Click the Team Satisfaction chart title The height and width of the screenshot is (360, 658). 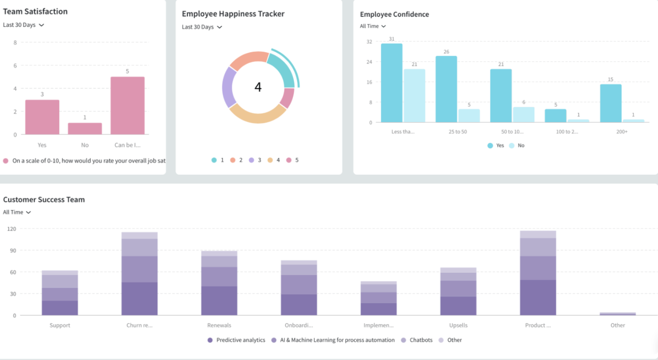(35, 12)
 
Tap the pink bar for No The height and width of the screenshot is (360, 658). (85, 128)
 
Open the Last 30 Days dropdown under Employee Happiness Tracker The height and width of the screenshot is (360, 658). (202, 27)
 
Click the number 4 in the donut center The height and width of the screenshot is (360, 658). (258, 87)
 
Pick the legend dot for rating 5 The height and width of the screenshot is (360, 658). (289, 160)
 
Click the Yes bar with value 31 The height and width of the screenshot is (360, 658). (392, 83)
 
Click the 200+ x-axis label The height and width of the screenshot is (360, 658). (622, 132)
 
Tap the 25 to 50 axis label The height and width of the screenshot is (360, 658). (458, 132)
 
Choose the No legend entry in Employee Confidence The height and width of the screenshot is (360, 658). (517, 146)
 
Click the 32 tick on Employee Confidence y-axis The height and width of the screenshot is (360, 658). (369, 42)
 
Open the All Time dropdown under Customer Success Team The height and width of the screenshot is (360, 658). (17, 212)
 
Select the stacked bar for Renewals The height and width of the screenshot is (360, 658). (219, 283)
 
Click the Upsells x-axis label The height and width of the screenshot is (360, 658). (458, 325)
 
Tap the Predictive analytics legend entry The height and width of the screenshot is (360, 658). (236, 340)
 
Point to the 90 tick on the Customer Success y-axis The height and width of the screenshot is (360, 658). (13, 251)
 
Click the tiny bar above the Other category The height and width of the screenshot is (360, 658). (617, 314)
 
